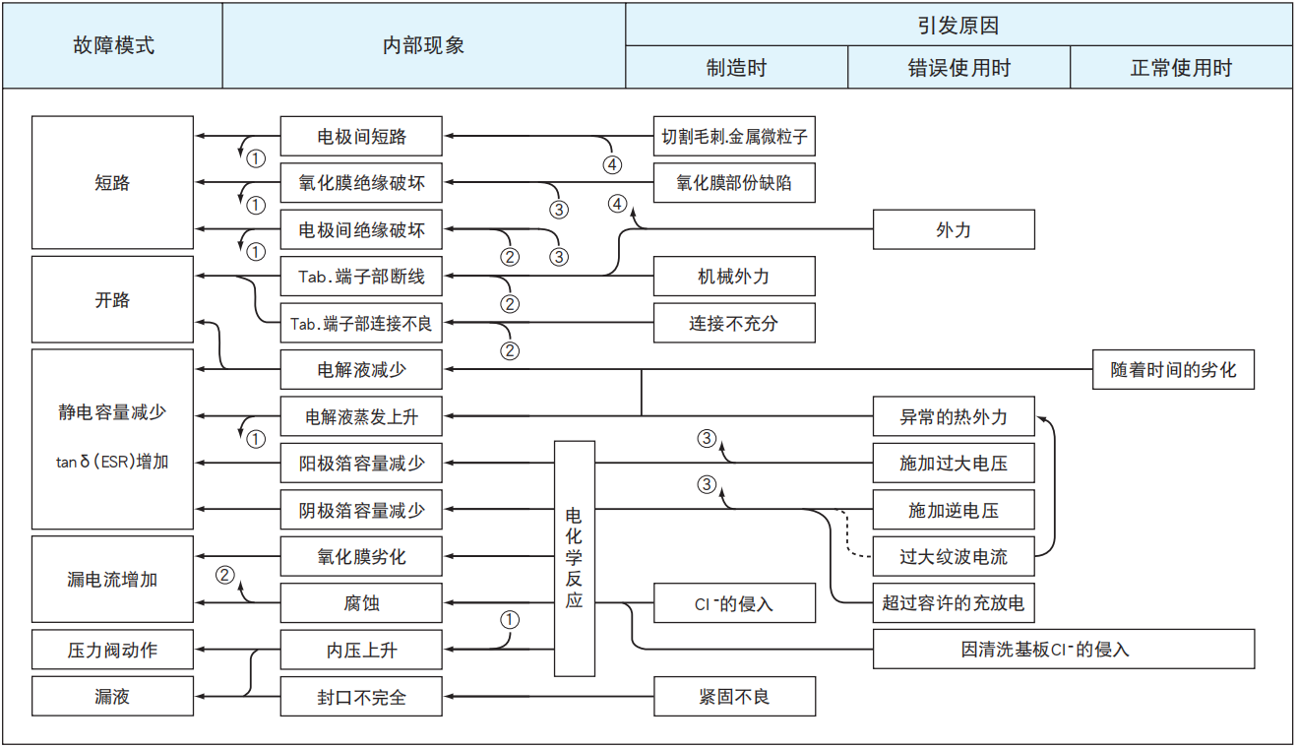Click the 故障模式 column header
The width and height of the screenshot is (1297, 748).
coord(112,46)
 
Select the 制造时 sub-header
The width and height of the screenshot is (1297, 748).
coord(736,68)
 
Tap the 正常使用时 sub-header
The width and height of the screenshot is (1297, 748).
coord(1181,68)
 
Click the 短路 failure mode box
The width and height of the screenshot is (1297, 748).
coord(112,182)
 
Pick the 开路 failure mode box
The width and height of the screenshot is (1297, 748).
coord(112,300)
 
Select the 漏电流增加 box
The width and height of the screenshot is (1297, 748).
coord(112,580)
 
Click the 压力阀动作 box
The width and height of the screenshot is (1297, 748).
coord(112,650)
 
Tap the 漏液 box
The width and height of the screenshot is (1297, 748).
coord(112,697)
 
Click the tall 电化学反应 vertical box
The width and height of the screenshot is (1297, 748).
coord(575,558)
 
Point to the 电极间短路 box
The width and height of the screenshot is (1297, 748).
coord(361,136)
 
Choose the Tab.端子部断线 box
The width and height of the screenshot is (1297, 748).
coord(361,277)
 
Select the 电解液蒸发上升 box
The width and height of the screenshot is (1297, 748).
coord(361,416)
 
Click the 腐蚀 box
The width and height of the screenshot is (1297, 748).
coord(361,602)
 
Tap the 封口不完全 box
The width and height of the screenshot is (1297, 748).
coord(361,697)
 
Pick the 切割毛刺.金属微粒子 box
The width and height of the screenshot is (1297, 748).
coord(734,136)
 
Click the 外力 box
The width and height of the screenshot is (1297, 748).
coord(954,229)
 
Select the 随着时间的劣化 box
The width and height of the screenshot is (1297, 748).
coord(1173,370)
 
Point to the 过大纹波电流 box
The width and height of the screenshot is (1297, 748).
coord(954,557)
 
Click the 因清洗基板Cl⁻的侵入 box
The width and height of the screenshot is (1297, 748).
coord(1064,650)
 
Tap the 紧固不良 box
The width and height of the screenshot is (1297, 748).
coord(734,697)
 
